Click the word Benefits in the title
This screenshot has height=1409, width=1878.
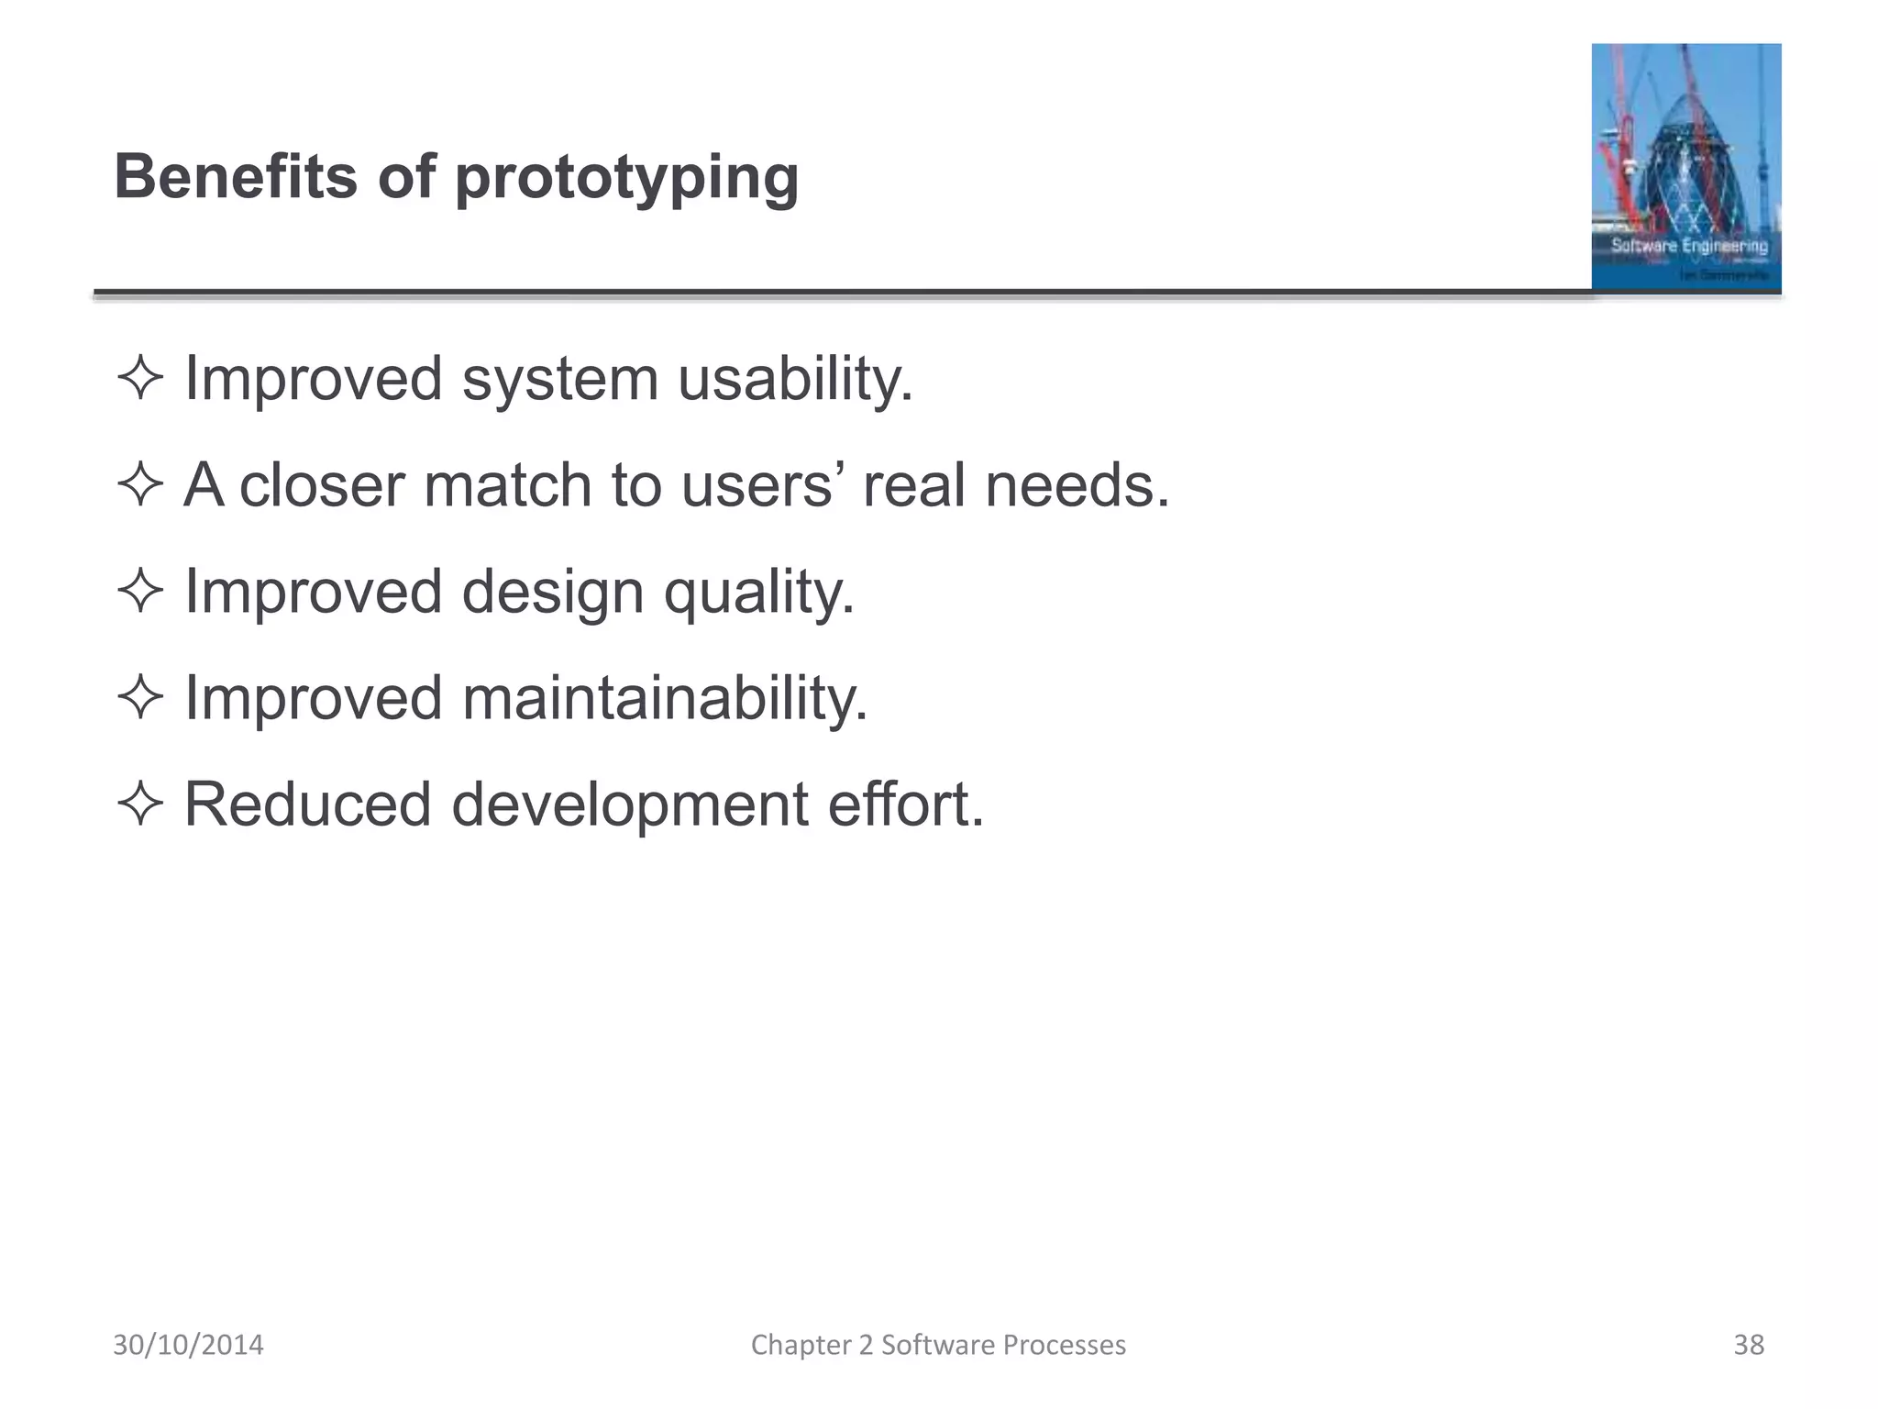pyautogui.click(x=236, y=176)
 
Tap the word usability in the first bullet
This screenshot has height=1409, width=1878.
pyautogui.click(x=795, y=379)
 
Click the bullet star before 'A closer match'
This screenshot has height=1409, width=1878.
pyautogui.click(x=140, y=485)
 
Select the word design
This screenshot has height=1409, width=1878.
pyautogui.click(x=553, y=592)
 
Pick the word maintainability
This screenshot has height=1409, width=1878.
pyautogui.click(x=664, y=698)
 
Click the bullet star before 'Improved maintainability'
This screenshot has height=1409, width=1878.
pyautogui.click(x=140, y=698)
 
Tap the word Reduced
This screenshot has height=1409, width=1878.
pyautogui.click(x=307, y=804)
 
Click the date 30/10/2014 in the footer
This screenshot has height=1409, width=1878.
pyautogui.click(x=188, y=1345)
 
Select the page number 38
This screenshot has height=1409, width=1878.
pyautogui.click(x=1748, y=1345)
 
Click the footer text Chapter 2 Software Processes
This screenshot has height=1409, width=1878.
pyautogui.click(x=938, y=1345)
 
